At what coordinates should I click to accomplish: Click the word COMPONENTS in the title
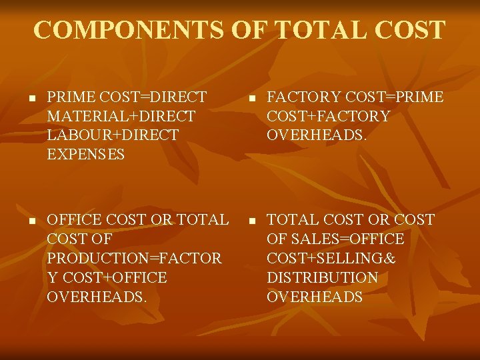pyautogui.click(x=127, y=30)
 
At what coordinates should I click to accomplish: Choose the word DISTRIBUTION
pyautogui.click(x=322, y=278)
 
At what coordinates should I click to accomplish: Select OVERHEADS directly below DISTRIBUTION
pyautogui.click(x=315, y=297)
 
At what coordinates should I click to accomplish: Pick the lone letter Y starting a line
pyautogui.click(x=52, y=278)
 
